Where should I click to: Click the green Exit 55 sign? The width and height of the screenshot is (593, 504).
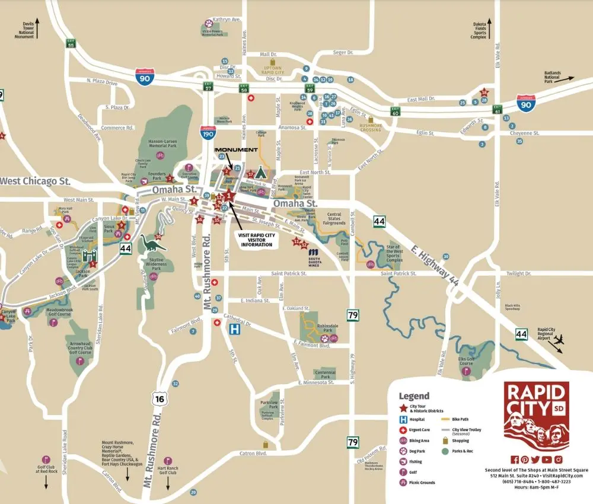click(71, 43)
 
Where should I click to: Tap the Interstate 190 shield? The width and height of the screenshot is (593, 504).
click(208, 134)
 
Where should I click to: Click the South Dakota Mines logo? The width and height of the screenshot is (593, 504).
click(315, 257)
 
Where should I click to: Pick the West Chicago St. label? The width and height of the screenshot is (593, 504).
click(36, 180)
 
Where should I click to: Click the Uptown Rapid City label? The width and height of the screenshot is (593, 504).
click(273, 71)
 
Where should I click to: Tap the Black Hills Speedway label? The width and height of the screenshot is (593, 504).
click(512, 308)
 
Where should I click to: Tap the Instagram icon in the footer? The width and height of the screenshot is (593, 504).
click(558, 460)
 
